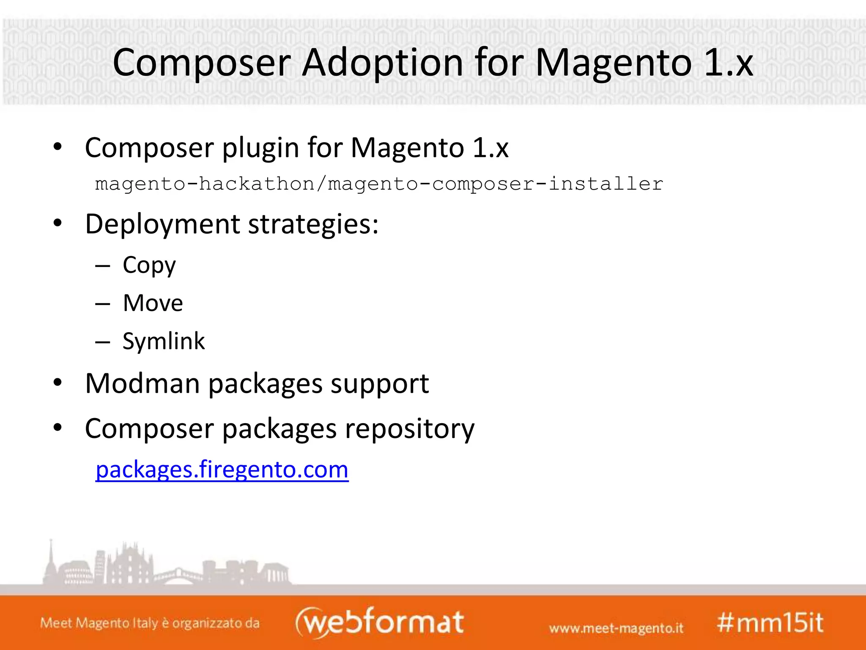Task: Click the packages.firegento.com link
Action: pyautogui.click(x=222, y=470)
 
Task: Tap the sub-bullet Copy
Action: pyautogui.click(x=149, y=266)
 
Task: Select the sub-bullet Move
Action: pyautogui.click(x=153, y=303)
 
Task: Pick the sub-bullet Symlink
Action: pyautogui.click(x=164, y=341)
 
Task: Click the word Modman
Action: pyautogui.click(x=142, y=384)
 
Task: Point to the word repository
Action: pyautogui.click(x=410, y=429)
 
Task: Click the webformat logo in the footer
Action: pyautogui.click(x=379, y=622)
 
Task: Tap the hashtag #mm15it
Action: pyautogui.click(x=770, y=623)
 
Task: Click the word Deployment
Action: pyautogui.click(x=162, y=224)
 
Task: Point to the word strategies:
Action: pyautogui.click(x=313, y=224)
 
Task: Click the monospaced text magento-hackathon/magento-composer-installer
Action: pyautogui.click(x=379, y=184)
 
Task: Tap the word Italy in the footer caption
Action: pyautogui.click(x=145, y=623)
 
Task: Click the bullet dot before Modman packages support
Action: pyautogui.click(x=58, y=383)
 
